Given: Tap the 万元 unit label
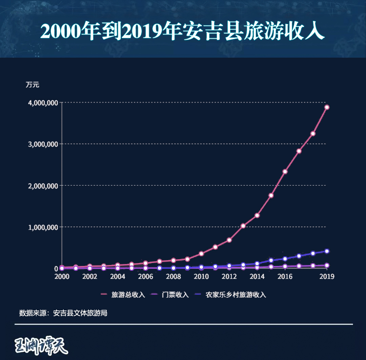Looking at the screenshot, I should click(x=33, y=85).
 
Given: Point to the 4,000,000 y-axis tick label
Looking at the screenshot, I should click(x=42, y=102).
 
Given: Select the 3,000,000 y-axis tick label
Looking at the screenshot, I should click(x=42, y=144).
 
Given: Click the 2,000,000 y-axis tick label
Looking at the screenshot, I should click(x=42, y=186).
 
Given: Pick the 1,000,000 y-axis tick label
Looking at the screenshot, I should click(x=42, y=227).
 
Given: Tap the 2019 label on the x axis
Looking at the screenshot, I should click(x=327, y=277).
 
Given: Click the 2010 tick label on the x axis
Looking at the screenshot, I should click(x=201, y=277).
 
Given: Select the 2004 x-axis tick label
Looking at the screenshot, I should click(x=118, y=277).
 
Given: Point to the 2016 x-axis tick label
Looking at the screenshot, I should click(x=285, y=277).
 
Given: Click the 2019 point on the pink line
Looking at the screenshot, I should click(x=327, y=107).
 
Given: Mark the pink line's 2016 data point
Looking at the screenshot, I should click(x=285, y=172).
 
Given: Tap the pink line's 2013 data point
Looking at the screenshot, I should click(x=243, y=226).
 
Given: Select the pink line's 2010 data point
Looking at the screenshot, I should click(x=201, y=253).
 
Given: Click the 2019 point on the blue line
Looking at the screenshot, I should click(x=327, y=251).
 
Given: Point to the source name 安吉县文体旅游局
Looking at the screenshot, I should click(x=80, y=313).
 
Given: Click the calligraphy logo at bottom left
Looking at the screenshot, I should click(x=42, y=345).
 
